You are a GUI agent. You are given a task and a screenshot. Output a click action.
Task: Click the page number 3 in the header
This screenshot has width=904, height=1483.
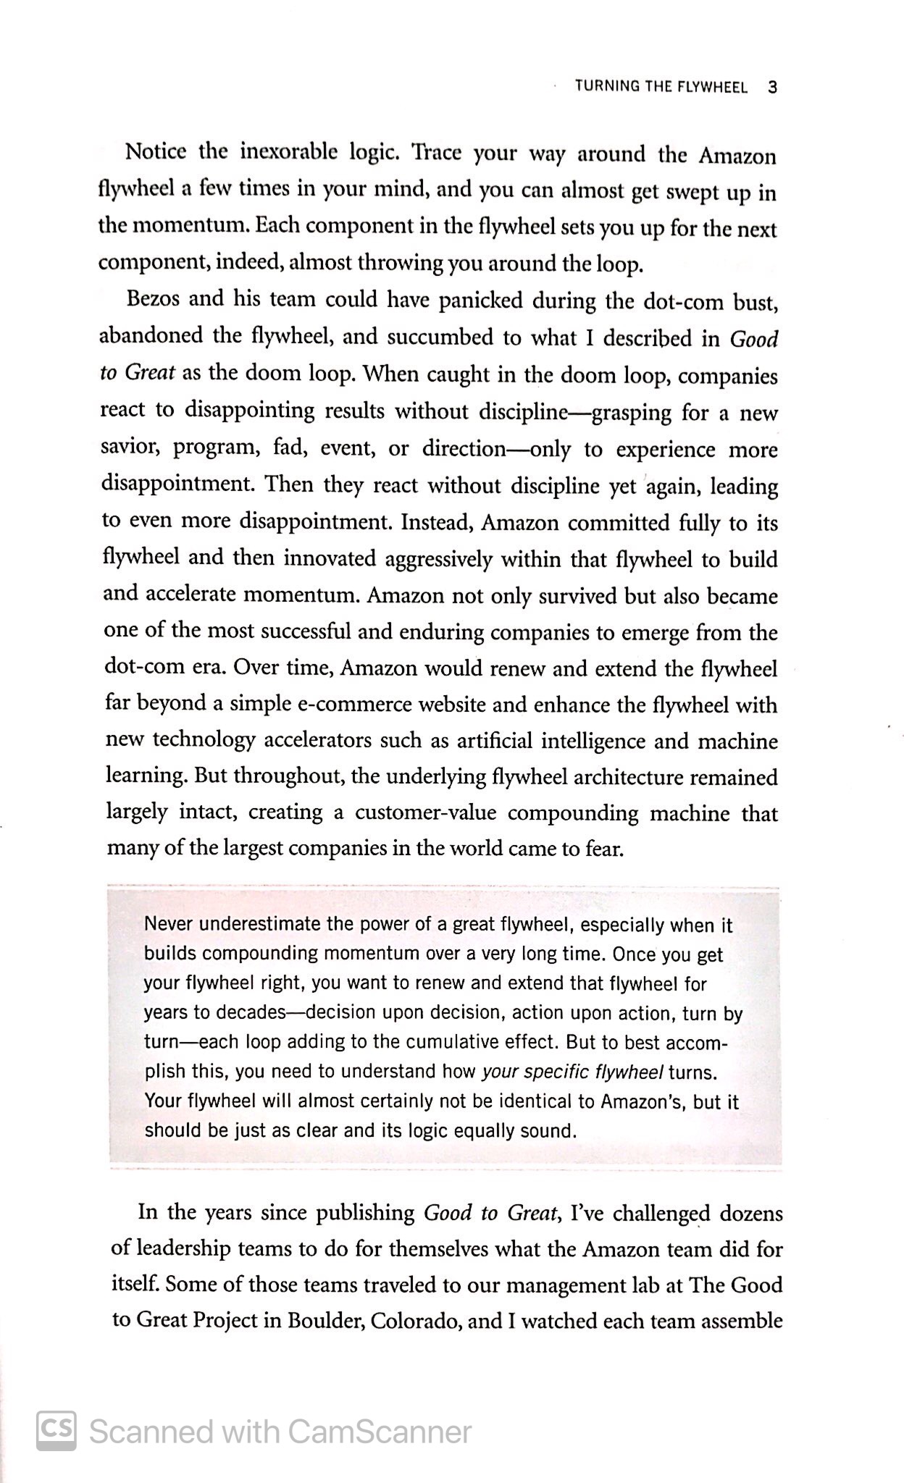(771, 88)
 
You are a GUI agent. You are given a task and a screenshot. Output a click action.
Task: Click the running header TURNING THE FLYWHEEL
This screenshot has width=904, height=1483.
(660, 88)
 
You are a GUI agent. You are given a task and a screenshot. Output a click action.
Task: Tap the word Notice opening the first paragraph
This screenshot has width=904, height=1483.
(156, 152)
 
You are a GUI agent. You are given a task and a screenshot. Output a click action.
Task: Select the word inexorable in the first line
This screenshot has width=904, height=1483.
(288, 152)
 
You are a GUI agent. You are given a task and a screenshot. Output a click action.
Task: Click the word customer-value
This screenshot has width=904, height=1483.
(425, 813)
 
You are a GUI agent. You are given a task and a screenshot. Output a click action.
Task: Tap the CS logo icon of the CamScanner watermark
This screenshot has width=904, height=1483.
(56, 1432)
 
